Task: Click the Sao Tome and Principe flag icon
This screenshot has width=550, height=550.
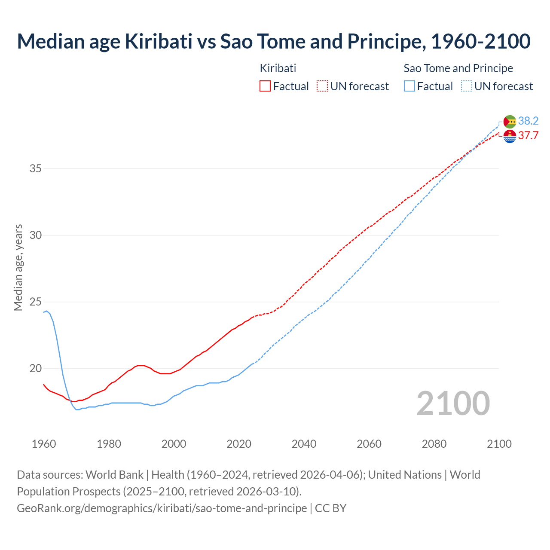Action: click(510, 122)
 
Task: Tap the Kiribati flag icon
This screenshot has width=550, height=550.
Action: click(510, 136)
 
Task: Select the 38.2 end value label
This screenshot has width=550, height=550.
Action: click(528, 121)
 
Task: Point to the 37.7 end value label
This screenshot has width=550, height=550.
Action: click(528, 136)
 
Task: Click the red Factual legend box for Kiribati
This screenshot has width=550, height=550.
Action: click(265, 86)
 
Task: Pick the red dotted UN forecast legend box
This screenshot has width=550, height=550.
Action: click(322, 86)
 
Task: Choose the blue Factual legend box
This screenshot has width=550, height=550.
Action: click(409, 86)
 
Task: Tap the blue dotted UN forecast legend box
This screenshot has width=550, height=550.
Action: click(467, 86)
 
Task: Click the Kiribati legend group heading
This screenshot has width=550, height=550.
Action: click(278, 68)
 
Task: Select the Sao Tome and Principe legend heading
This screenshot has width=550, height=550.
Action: click(458, 68)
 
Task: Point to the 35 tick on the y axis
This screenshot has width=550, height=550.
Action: click(36, 168)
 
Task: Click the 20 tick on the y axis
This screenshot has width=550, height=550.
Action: click(36, 369)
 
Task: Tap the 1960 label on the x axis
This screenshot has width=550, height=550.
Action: click(44, 444)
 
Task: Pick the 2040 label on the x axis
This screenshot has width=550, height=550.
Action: click(304, 444)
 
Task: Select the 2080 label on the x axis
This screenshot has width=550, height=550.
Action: click(434, 444)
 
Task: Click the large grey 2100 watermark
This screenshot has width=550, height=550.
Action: click(453, 403)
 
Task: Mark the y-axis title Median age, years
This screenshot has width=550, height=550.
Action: click(18, 267)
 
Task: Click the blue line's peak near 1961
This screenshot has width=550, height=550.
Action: click(47, 311)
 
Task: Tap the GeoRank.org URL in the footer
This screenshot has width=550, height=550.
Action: click(162, 508)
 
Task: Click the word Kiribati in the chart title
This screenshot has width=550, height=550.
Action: click(159, 41)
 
